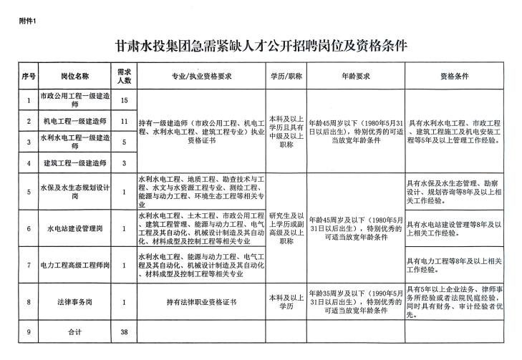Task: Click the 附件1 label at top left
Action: [x=27, y=20]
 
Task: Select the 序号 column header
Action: [x=29, y=74]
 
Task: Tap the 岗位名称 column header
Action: [x=75, y=74]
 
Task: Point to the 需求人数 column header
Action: [x=124, y=74]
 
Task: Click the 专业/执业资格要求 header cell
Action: [x=201, y=74]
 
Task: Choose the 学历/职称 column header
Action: [x=286, y=74]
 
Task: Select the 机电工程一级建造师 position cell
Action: [x=75, y=121]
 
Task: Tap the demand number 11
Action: [x=124, y=121]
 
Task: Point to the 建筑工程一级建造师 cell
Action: [x=75, y=163]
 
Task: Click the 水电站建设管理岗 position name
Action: [x=75, y=229]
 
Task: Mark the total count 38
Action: [x=124, y=333]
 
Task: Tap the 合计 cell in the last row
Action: [x=75, y=333]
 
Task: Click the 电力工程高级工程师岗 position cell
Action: [x=75, y=266]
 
